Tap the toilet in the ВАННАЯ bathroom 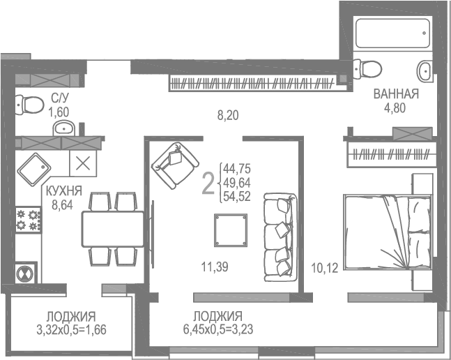(x=368, y=68)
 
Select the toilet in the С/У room (x=30, y=104)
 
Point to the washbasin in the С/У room (x=66, y=128)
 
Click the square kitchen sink (x=36, y=168)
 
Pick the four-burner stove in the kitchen (x=29, y=219)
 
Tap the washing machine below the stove (x=26, y=271)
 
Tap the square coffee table (x=231, y=228)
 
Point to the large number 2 (x=208, y=184)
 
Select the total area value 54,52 (x=236, y=196)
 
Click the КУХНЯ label (x=64, y=190)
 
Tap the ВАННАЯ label (x=395, y=94)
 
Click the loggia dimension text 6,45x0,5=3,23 (x=217, y=327)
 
